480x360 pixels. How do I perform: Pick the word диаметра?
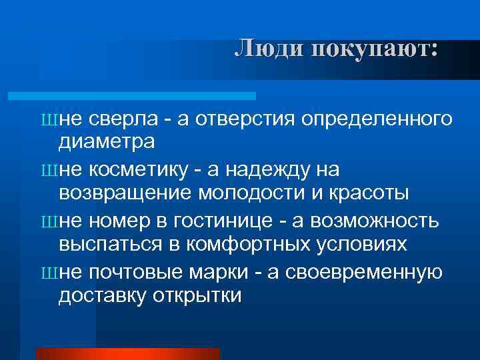click(107, 141)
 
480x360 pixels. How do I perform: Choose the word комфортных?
click(251, 244)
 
